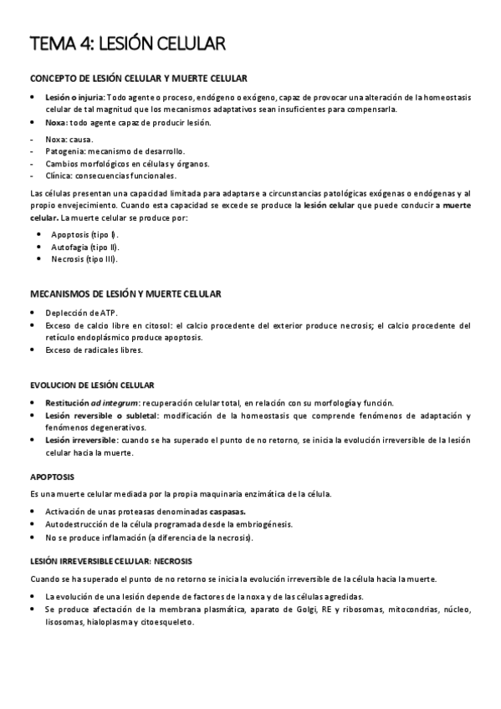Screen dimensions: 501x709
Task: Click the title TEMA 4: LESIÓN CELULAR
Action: [127, 43]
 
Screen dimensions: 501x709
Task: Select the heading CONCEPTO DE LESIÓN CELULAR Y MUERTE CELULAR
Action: [139, 79]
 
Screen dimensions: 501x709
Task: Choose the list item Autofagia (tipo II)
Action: [85, 247]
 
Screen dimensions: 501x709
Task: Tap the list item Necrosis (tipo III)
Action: [84, 259]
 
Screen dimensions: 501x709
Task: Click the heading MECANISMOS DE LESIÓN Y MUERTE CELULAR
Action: [125, 294]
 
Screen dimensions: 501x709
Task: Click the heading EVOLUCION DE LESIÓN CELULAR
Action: [92, 385]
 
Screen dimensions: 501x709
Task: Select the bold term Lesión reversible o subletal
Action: [102, 415]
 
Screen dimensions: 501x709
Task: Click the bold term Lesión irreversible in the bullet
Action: [81, 440]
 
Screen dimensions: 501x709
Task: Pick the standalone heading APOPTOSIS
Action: [52, 477]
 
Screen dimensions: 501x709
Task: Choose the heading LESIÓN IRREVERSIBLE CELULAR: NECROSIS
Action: [111, 561]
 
